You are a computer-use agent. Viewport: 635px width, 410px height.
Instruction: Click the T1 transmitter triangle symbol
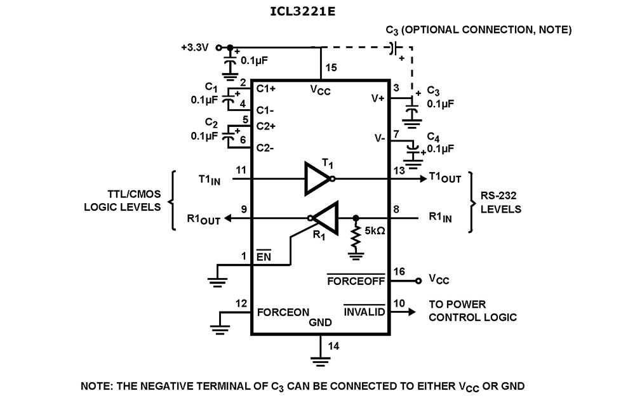[x=316, y=179]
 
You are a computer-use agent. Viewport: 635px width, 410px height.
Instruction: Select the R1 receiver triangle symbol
[x=325, y=217]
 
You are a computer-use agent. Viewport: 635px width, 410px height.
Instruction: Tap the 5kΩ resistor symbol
[x=355, y=238]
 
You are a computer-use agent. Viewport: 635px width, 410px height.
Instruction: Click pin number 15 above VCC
[x=331, y=67]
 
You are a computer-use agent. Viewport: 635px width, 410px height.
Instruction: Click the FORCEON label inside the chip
[x=283, y=312]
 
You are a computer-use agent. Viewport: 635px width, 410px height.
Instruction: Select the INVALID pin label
[x=364, y=312]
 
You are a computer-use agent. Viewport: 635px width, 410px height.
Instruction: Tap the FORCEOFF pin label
[x=356, y=281]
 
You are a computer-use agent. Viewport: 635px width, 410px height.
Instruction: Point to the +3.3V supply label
[x=195, y=47]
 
